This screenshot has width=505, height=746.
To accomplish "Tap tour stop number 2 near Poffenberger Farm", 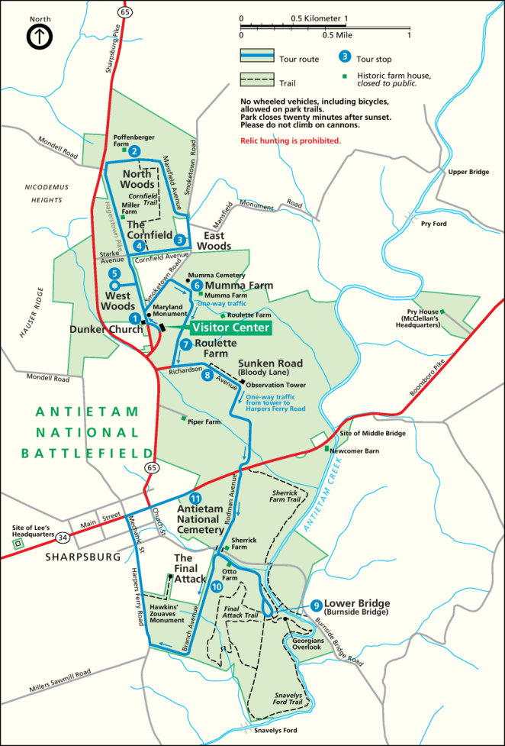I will pyautogui.click(x=134, y=151).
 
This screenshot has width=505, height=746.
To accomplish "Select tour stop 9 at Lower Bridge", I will pyautogui.click(x=317, y=606).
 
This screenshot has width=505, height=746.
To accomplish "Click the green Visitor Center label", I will pyautogui.click(x=230, y=328).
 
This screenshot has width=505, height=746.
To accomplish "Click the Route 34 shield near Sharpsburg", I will pyautogui.click(x=63, y=538).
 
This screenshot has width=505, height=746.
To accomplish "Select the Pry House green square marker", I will pyautogui.click(x=442, y=312).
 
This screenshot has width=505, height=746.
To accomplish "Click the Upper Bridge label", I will pyautogui.click(x=468, y=172).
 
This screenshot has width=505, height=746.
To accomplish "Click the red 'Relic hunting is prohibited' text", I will pyautogui.click(x=290, y=141).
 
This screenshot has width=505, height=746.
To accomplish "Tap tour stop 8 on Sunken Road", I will pyautogui.click(x=207, y=374).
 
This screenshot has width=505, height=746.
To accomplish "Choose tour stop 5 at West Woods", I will pyautogui.click(x=114, y=273).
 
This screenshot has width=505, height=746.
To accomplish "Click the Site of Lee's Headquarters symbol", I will pyautogui.click(x=18, y=543).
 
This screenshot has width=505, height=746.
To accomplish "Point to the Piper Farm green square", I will pyautogui.click(x=183, y=418).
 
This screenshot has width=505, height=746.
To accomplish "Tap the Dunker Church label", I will pyautogui.click(x=105, y=329).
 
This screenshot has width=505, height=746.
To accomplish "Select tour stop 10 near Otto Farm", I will pyautogui.click(x=217, y=586).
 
